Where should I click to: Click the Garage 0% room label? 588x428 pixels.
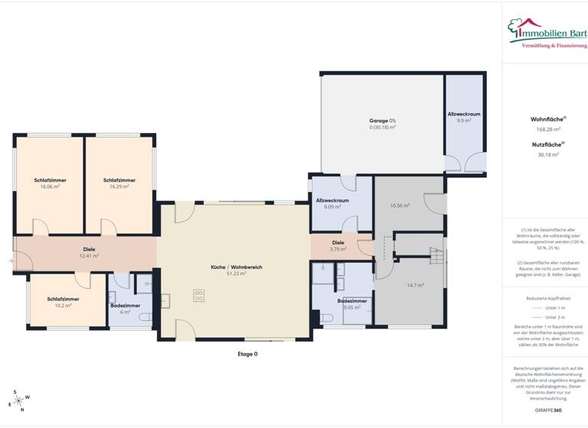point(382,121)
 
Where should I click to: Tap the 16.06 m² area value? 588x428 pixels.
point(50,186)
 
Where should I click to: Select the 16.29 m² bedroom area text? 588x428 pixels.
point(119,186)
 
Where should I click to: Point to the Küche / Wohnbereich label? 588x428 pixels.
point(237,267)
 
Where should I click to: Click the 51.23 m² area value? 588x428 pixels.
point(237,273)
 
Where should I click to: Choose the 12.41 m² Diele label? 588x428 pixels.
point(89,252)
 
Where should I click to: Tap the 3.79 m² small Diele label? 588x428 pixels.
point(338,245)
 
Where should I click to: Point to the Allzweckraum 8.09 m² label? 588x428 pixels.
point(332,203)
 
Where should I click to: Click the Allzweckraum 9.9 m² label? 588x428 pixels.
point(464,117)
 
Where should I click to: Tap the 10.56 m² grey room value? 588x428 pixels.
point(401,206)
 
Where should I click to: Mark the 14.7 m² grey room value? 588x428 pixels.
point(415,285)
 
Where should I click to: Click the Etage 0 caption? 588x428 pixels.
point(247,354)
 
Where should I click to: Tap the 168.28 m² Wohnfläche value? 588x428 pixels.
point(548,129)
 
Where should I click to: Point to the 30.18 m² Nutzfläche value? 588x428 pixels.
point(548,154)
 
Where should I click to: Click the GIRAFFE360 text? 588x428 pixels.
point(548,410)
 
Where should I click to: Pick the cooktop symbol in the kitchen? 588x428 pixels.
point(200,294)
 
